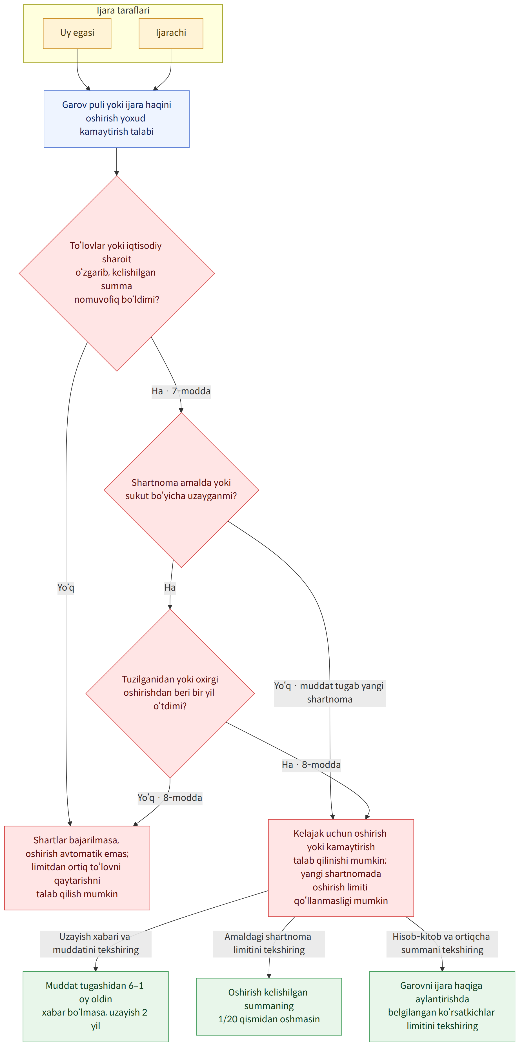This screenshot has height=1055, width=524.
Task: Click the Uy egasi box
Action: [77, 33]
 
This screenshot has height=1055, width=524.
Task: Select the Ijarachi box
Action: [171, 33]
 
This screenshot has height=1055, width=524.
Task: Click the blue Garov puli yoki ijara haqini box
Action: [117, 119]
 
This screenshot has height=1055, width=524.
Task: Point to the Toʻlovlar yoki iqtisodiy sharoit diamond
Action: [117, 273]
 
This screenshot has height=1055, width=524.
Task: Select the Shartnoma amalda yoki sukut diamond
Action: [181, 490]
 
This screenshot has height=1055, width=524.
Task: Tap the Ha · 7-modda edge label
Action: [181, 391]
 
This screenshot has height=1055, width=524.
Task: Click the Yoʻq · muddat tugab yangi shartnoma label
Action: [330, 693]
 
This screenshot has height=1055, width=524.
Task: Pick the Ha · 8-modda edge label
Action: [311, 765]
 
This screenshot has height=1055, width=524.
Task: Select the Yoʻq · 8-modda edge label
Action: [170, 797]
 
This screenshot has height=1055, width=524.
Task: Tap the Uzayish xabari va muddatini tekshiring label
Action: [96, 943]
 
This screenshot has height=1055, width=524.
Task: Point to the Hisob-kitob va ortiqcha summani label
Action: [442, 943]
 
